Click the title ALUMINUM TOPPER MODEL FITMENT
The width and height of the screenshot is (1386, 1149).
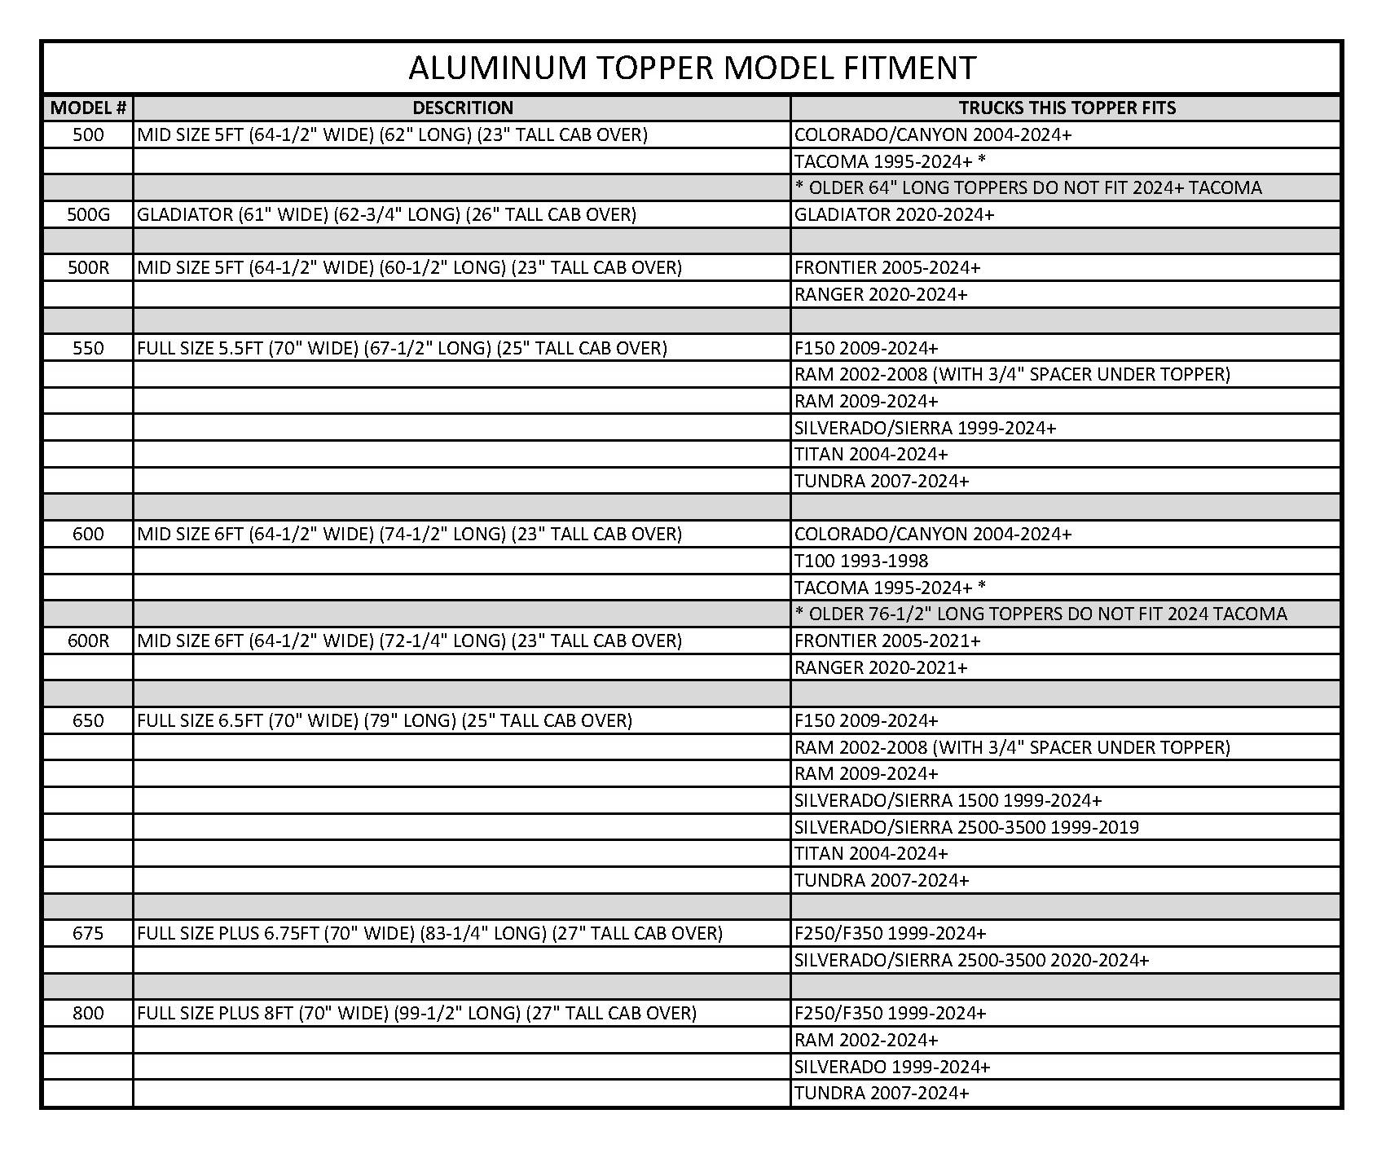pos(692,68)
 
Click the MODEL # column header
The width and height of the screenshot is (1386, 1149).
pos(88,108)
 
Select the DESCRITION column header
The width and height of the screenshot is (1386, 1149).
pos(462,108)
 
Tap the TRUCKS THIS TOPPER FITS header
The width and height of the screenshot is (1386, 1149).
pos(1067,108)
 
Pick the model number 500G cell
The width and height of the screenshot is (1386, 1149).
pos(88,214)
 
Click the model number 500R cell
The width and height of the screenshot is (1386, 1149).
pos(88,267)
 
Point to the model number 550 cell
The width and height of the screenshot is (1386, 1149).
pos(88,348)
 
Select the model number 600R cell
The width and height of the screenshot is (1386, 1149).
pos(88,641)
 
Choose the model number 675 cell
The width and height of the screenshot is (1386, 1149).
pos(88,933)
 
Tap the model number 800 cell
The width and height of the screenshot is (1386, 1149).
pos(88,1013)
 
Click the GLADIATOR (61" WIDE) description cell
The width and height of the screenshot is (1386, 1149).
pos(386,214)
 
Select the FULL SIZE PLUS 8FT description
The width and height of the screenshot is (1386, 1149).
pos(416,1013)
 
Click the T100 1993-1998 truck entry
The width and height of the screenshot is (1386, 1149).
pos(860,561)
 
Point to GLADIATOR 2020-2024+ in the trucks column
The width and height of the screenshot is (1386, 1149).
pos(894,214)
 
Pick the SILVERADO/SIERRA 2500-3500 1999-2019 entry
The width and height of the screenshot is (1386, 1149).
pos(966,827)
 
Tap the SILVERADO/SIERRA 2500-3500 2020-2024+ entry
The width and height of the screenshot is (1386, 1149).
pos(971,960)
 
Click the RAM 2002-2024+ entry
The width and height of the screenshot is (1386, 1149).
pos(866,1040)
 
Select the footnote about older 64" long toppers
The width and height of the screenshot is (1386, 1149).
pos(1027,187)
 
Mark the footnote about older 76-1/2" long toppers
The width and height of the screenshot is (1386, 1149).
pos(1041,614)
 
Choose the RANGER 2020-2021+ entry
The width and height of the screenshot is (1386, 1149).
pos(881,667)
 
